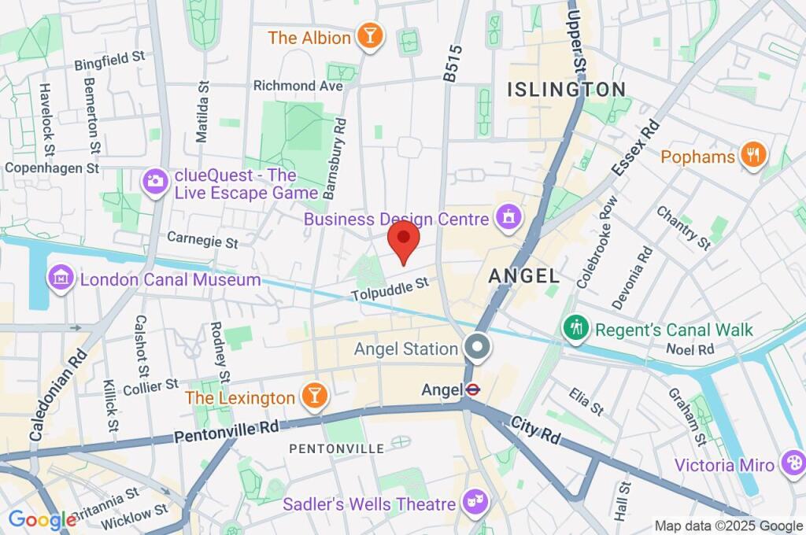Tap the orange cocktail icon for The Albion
pos(368,36)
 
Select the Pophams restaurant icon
pos(753,156)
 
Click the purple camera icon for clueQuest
pos(154,182)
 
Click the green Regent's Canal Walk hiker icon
pos(576,329)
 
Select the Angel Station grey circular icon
pos(476,348)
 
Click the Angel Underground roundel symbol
pos(472,389)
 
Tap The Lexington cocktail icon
pos(315,397)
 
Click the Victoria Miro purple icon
pos(791,463)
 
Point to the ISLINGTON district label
pos(567,89)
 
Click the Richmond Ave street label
pos(298,85)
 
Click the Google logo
pos(42,519)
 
